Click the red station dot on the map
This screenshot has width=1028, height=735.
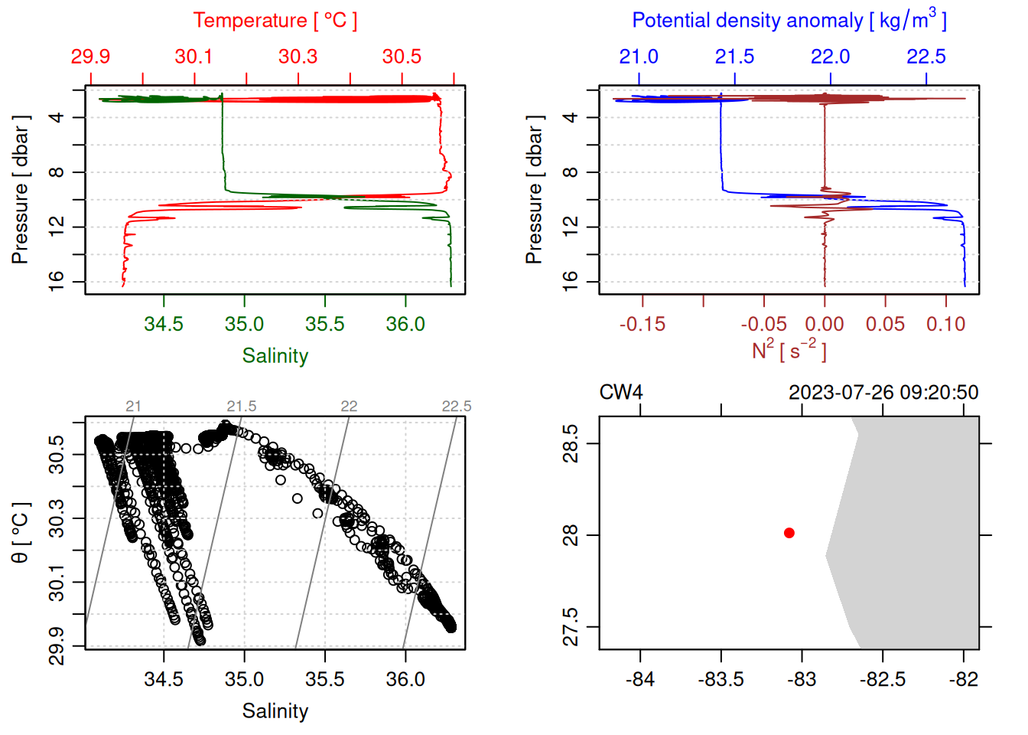click(789, 533)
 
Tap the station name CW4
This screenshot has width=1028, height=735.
click(620, 393)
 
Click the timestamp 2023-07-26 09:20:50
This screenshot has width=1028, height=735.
click(883, 393)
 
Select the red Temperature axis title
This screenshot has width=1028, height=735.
click(275, 21)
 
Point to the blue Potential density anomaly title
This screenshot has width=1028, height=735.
click(789, 20)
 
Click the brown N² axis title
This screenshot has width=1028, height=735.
click(789, 350)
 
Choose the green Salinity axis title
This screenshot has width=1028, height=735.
click(275, 356)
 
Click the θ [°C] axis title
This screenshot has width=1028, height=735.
click(21, 533)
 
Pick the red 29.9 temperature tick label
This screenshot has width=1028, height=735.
click(90, 57)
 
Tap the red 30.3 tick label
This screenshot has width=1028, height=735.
click(298, 57)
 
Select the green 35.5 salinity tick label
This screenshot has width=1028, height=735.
click(324, 325)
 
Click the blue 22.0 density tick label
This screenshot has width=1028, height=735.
click(830, 57)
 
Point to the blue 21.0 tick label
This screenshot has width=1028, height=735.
click(638, 57)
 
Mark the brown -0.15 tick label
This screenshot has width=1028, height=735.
click(642, 325)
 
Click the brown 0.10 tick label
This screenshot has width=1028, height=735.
click(945, 325)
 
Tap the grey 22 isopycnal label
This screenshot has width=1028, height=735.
click(349, 407)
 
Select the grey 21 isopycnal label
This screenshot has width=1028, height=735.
click(133, 407)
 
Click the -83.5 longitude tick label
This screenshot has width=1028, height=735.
click(721, 680)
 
